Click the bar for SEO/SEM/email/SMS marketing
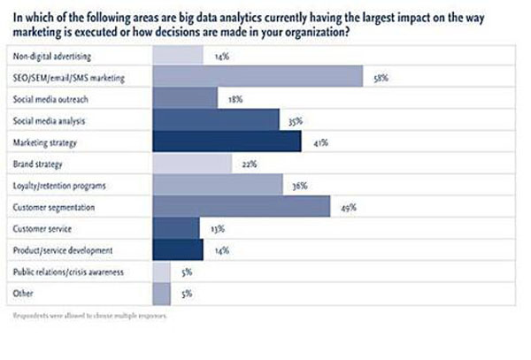(258, 78)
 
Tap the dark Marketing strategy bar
(227, 142)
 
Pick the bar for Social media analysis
(216, 121)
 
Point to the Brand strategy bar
(192, 165)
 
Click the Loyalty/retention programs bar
(218, 186)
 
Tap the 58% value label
(380, 79)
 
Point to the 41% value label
(317, 143)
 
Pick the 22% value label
(249, 165)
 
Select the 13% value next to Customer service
(218, 230)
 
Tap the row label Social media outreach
(50, 100)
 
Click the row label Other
(24, 295)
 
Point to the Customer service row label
(42, 230)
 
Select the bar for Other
(162, 295)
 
